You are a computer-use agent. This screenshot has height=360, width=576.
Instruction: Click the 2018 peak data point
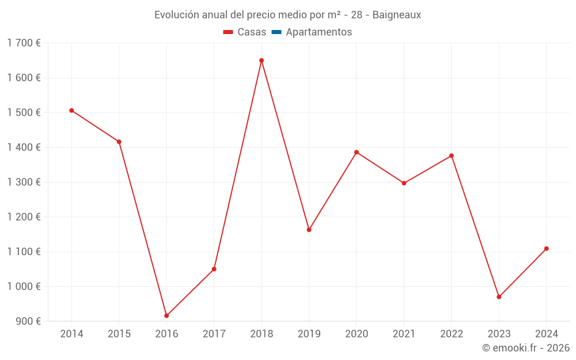click(262, 60)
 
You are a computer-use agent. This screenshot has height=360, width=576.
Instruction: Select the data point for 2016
click(166, 316)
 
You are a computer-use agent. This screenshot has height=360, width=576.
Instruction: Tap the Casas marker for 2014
click(71, 111)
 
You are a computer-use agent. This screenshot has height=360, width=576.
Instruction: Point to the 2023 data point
click(499, 297)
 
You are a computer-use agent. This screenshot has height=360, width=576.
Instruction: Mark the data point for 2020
click(357, 152)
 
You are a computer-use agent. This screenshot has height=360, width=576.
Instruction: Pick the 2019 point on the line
click(309, 230)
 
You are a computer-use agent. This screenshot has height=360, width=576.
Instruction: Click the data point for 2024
click(547, 249)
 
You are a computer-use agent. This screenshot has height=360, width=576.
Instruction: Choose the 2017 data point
click(214, 269)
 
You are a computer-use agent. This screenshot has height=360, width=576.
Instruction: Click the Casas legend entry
click(245, 32)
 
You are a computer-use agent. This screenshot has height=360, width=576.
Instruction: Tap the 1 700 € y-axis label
click(24, 43)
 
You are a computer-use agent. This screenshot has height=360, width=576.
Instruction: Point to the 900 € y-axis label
click(28, 321)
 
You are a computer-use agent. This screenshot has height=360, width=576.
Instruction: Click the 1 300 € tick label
click(24, 182)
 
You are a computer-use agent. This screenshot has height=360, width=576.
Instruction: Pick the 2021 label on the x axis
click(404, 334)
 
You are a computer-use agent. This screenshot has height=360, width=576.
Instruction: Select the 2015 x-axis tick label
click(119, 334)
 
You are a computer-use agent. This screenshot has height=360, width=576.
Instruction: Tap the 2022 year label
click(452, 334)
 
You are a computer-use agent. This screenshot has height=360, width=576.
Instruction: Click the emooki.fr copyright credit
click(526, 348)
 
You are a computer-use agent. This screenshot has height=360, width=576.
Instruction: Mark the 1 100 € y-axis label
click(24, 252)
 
